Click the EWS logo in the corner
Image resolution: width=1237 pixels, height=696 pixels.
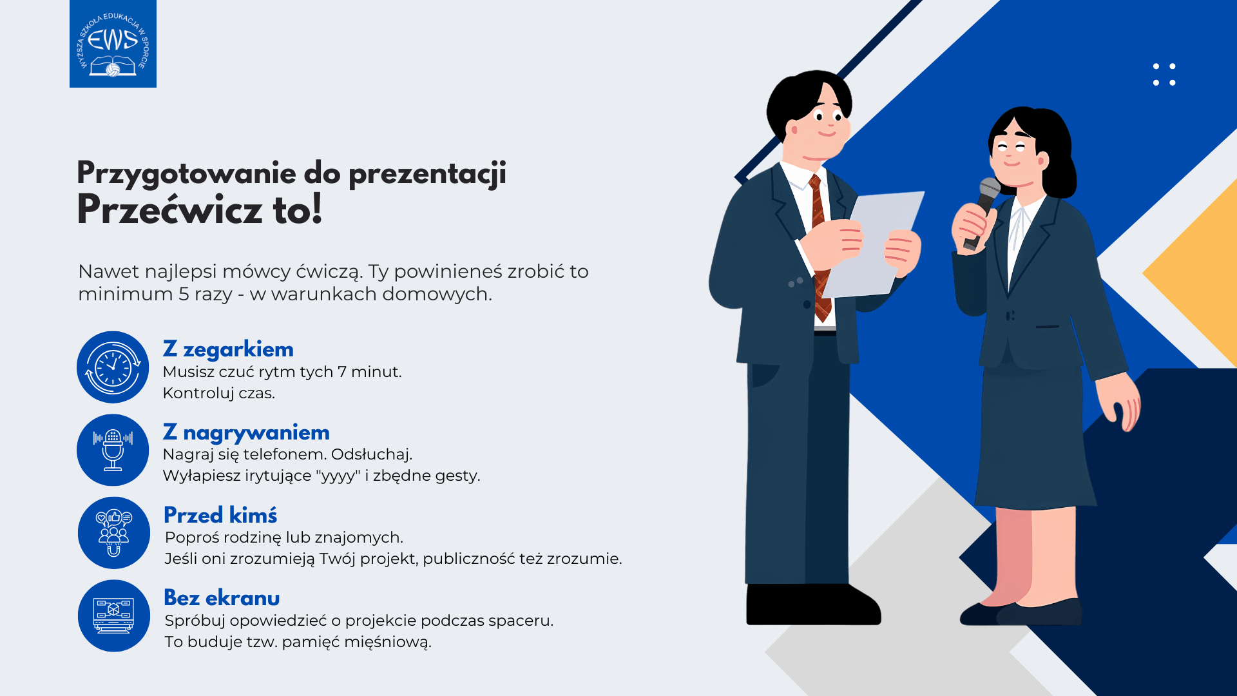pos(113,43)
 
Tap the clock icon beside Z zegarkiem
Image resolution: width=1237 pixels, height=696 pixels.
pos(113,367)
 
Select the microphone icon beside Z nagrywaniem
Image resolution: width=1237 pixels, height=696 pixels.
pos(113,450)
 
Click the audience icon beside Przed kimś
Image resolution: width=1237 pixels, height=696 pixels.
pos(114,533)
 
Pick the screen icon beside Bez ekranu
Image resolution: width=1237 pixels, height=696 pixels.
pos(114,615)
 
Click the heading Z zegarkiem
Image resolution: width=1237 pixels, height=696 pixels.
pos(228,349)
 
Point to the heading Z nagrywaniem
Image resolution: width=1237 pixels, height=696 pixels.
pos(246,432)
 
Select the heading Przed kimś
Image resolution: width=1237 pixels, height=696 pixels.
pos(220,515)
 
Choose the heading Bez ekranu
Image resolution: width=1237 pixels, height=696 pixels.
pos(222,598)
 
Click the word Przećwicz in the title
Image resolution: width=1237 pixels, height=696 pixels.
pos(169,210)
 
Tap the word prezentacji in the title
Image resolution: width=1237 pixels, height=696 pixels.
pos(427,174)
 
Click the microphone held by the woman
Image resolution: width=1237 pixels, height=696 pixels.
pos(983,213)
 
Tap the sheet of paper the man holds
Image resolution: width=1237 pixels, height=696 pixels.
pos(873,244)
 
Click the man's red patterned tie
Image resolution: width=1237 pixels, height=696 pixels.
pos(820,248)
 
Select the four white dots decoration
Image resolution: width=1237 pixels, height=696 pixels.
pos(1164,74)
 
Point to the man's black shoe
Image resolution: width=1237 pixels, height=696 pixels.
pos(813,604)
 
